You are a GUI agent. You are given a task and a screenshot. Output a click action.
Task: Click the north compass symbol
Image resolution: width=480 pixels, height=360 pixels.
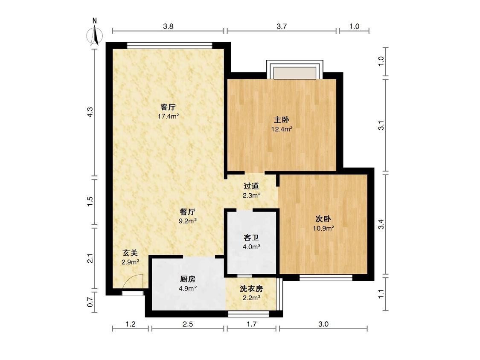click(95, 34)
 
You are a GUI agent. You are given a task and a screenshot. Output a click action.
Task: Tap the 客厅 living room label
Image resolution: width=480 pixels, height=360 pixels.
click(168, 107)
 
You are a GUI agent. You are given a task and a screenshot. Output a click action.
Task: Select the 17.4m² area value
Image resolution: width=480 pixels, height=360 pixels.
click(168, 116)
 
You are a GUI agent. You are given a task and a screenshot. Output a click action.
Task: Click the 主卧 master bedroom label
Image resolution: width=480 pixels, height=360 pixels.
click(282, 120)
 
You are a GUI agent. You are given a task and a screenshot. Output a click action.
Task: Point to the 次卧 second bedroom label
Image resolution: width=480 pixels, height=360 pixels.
click(323, 219)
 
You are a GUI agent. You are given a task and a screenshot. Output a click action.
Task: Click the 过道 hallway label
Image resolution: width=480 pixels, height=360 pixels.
click(251, 186)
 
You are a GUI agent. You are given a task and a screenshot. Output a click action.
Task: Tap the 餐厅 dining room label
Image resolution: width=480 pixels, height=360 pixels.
click(188, 212)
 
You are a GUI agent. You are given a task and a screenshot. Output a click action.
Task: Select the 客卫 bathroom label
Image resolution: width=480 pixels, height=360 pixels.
click(251, 237)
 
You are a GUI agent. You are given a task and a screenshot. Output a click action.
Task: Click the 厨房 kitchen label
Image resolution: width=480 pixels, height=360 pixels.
click(188, 279)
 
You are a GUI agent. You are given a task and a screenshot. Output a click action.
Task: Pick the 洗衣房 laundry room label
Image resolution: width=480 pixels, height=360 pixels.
click(251, 289)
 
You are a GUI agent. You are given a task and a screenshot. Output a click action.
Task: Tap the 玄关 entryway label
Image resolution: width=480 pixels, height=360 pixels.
click(130, 253)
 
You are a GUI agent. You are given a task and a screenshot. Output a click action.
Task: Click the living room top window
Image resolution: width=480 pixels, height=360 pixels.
click(169, 45)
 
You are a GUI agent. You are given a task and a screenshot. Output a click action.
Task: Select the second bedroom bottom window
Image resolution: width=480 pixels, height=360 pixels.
click(326, 278)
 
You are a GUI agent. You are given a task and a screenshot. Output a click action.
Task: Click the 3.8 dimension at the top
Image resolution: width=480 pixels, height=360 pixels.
click(168, 26)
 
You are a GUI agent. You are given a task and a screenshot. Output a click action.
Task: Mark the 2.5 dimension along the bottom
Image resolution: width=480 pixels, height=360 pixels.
click(188, 324)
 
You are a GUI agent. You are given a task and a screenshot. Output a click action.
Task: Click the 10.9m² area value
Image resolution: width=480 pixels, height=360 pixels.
click(323, 228)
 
